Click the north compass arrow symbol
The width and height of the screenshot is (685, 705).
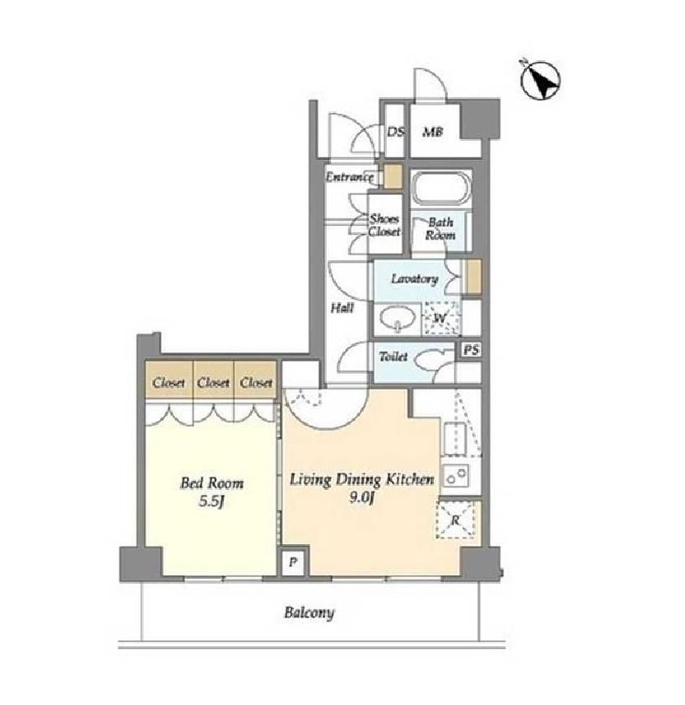click(x=540, y=80)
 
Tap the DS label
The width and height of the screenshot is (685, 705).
click(x=396, y=131)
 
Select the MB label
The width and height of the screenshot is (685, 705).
click(x=433, y=131)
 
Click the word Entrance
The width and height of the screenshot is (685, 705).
click(x=349, y=177)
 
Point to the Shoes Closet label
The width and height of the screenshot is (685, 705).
click(x=384, y=225)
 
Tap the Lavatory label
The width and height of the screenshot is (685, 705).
click(x=415, y=279)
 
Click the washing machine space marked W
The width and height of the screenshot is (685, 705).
click(x=440, y=318)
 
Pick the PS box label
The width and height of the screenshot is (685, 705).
click(x=471, y=349)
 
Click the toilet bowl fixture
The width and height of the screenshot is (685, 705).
click(x=426, y=359)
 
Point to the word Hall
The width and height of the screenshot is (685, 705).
click(x=342, y=308)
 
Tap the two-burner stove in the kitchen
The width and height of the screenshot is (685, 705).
click(x=456, y=475)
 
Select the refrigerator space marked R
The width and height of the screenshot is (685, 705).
click(x=455, y=520)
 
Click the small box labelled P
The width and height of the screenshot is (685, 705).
click(x=293, y=562)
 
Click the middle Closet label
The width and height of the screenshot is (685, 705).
click(x=214, y=383)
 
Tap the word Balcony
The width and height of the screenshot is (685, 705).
click(x=310, y=613)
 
